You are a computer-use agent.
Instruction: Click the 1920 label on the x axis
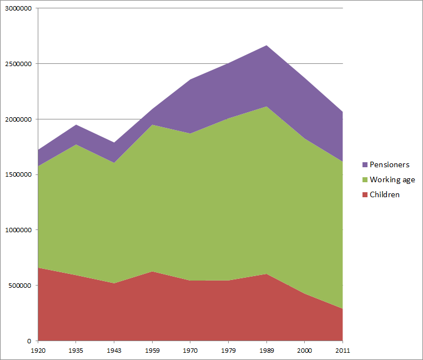[x=38, y=351]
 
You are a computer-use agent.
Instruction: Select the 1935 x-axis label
[x=75, y=351]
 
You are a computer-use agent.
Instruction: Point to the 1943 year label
[x=114, y=351]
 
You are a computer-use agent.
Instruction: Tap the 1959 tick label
[x=152, y=351]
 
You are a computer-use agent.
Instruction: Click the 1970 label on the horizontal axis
[x=190, y=351]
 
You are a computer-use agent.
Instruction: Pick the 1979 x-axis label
[x=229, y=351]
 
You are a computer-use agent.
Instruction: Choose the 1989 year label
[x=267, y=351]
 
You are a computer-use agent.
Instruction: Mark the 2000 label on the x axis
[x=305, y=351]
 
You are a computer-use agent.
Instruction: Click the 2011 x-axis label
[x=343, y=351]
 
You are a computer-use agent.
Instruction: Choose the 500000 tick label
[x=21, y=286]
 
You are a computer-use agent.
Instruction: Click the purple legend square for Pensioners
[x=364, y=165]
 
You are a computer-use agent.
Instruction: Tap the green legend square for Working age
[x=364, y=180]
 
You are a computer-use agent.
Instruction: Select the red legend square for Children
[x=364, y=195]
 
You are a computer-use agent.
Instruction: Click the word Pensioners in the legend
[x=390, y=165]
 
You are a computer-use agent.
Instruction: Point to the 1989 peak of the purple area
[x=267, y=46]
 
